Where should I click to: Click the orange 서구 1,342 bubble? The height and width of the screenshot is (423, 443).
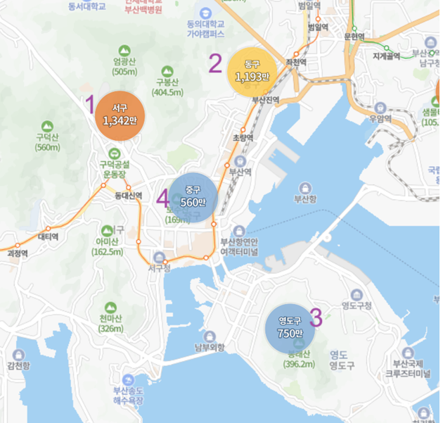pos(120,115)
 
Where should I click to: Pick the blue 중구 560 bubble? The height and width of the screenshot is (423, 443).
pos(192,196)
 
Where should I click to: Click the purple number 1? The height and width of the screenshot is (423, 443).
pos(89,106)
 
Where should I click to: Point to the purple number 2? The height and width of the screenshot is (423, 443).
pos(215,64)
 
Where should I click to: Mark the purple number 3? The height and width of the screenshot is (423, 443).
pos(316,317)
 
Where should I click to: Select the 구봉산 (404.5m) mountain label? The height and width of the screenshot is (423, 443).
pos(167,82)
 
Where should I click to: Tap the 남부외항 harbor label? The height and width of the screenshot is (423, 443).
pos(209,347)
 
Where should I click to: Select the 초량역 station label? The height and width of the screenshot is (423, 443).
pos(241,138)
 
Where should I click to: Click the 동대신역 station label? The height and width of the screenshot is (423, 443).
pos(129,196)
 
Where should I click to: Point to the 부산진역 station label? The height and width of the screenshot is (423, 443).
pos(266,100)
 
